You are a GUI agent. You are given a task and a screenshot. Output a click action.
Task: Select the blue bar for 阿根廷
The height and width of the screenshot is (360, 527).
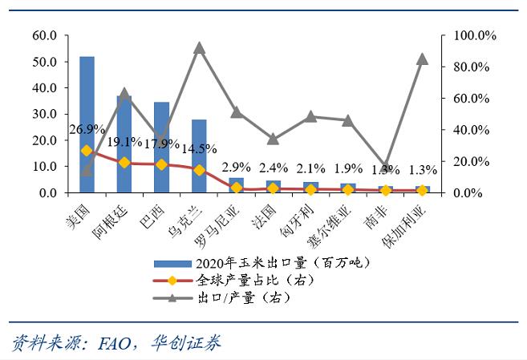124,144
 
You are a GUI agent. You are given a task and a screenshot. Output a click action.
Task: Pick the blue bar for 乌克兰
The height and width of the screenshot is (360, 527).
199,156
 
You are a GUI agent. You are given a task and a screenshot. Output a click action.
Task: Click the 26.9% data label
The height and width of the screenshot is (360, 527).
87,129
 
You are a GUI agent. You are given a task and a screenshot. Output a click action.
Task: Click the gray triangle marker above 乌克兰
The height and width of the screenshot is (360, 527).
200,48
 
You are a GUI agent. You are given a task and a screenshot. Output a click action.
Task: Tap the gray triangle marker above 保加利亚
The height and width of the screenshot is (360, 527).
422,59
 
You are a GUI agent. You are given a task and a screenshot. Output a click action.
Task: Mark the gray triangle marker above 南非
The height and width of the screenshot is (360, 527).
386,166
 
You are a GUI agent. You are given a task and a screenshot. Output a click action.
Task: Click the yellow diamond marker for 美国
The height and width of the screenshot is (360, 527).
87,150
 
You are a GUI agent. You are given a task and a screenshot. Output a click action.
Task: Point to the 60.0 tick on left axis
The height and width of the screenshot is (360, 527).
44,36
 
